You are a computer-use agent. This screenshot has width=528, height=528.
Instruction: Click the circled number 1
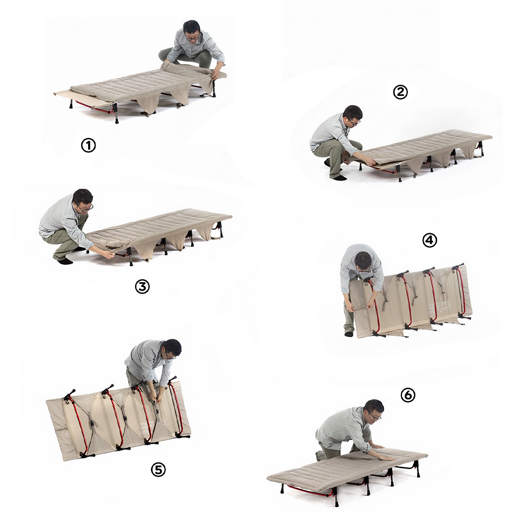(88, 146)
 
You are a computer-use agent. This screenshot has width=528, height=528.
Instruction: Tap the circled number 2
(400, 92)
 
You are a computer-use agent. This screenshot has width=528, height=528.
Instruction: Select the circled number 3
(142, 286)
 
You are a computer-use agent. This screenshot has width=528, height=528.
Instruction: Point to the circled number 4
(429, 240)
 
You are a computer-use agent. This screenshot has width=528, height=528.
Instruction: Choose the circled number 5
(158, 469)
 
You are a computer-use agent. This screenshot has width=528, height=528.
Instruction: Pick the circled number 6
(408, 395)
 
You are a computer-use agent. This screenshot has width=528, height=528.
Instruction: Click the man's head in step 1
(191, 31)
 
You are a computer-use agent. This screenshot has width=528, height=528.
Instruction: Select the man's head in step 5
(171, 349)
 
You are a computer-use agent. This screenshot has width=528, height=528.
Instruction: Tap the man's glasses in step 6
(375, 418)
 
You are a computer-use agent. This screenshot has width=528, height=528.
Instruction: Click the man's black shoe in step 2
(339, 177)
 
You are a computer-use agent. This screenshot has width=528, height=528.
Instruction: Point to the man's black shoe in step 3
(65, 261)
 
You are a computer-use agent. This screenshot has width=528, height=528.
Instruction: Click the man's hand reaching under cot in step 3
(110, 255)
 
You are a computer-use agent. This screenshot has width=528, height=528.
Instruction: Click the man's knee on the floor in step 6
(320, 457)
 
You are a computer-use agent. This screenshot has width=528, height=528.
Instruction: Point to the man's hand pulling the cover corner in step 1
(214, 74)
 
